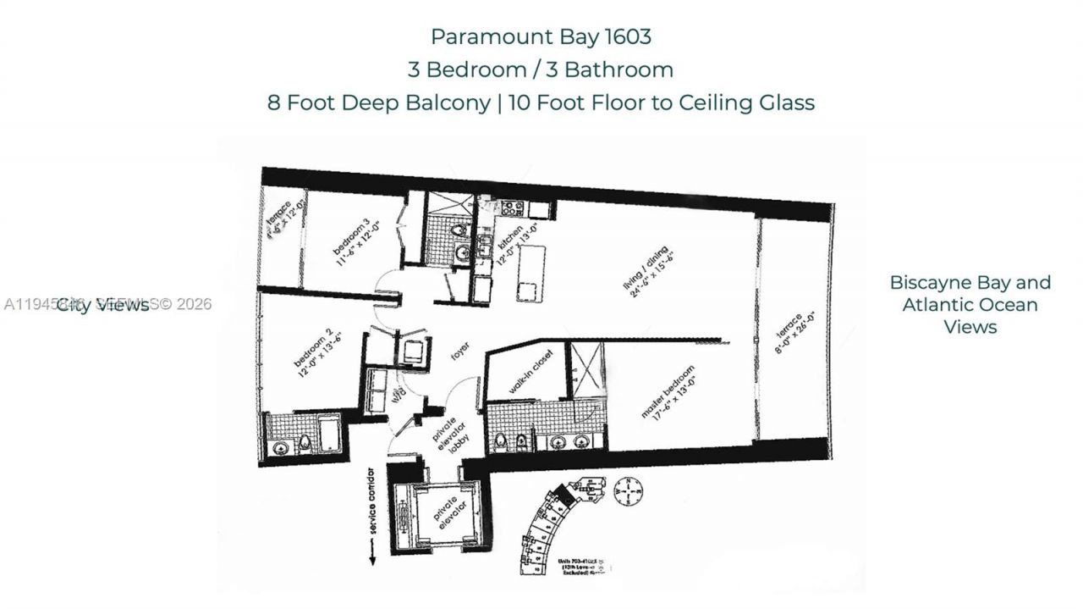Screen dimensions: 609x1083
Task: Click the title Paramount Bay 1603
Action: [541, 36]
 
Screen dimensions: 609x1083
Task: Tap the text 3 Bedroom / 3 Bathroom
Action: [541, 69]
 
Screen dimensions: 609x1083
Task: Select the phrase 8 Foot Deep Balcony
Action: [378, 102]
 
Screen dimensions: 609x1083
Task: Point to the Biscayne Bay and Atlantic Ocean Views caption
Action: [970, 304]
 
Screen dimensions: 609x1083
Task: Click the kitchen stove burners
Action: [513, 208]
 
